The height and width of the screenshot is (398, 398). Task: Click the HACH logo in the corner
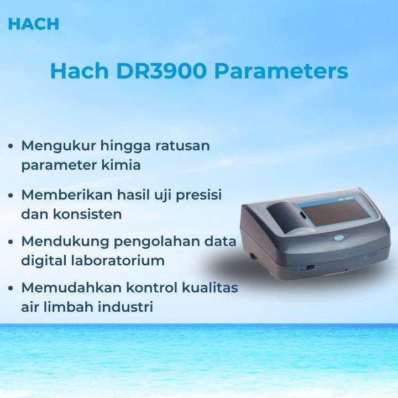tap(34, 24)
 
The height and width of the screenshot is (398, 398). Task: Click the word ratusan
tap(182, 146)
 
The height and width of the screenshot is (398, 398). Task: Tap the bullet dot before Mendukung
tap(12, 242)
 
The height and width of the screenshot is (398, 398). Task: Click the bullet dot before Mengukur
tap(12, 146)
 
